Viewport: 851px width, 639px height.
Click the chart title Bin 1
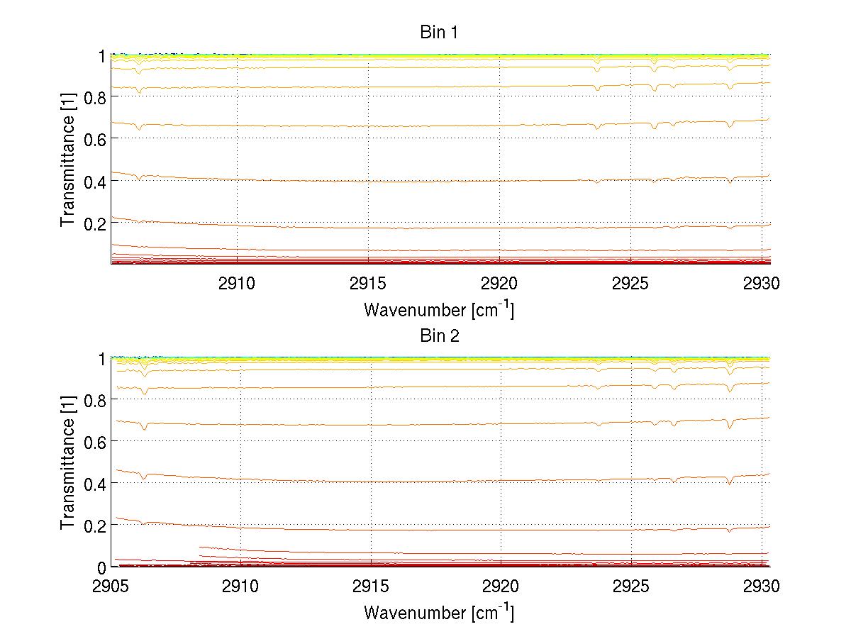(x=439, y=32)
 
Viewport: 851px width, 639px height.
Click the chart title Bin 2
(x=439, y=335)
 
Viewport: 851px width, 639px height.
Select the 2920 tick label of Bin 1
(x=500, y=284)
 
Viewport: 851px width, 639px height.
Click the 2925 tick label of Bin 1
(x=631, y=284)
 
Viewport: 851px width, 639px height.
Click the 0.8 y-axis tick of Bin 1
(x=95, y=97)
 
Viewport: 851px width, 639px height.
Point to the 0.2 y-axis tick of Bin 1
(x=95, y=223)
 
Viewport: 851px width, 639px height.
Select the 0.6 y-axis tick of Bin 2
(x=95, y=442)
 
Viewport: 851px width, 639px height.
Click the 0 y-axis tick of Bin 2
(x=102, y=567)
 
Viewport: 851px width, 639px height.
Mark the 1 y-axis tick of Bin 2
(x=102, y=359)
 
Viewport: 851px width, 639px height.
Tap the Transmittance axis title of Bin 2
(x=67, y=463)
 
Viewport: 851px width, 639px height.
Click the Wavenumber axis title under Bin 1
(x=439, y=310)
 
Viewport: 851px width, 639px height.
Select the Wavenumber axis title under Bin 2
(x=439, y=612)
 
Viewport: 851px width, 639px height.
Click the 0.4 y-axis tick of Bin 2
(x=95, y=484)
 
